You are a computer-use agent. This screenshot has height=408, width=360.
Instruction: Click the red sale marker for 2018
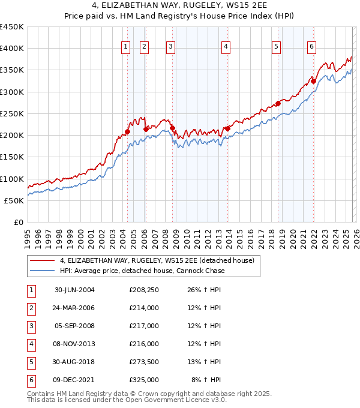[278, 103]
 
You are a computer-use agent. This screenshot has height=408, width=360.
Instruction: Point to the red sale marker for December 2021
[313, 81]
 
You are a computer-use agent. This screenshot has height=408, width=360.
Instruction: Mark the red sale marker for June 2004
[127, 131]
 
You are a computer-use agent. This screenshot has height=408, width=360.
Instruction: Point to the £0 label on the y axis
[18, 222]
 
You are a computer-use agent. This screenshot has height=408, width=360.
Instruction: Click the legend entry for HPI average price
[142, 271]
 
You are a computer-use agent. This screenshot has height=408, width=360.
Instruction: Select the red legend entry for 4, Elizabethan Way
[157, 260]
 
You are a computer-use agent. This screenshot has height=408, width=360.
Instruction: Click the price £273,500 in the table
[144, 362]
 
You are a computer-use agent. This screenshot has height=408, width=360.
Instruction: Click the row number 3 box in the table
[31, 326]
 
